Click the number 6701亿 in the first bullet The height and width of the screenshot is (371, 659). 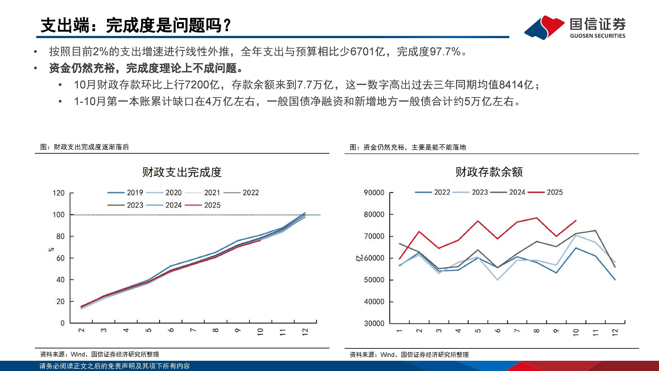367,52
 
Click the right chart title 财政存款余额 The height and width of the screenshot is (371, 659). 489,172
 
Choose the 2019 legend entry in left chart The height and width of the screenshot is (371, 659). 125,193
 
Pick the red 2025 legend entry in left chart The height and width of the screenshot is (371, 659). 203,205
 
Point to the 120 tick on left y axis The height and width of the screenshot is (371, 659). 59,193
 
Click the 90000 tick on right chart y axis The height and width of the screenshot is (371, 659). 374,193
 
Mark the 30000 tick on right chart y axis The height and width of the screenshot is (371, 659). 374,323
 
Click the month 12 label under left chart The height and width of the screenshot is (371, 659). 305,332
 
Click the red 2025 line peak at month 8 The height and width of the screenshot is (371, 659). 536,218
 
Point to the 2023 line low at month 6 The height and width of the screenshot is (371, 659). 497,280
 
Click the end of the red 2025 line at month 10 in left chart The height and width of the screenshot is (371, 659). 260,240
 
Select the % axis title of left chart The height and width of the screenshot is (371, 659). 51,249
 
